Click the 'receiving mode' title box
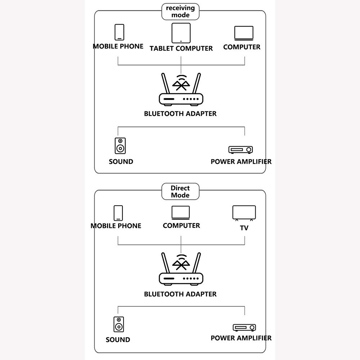[180, 12]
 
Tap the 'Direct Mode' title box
[180, 192]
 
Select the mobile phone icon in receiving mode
[120, 32]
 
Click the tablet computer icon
[181, 33]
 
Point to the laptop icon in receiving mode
[244, 33]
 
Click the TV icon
[244, 213]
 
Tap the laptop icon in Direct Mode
[181, 212]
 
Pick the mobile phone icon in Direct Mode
[118, 213]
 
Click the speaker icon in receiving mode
[120, 146]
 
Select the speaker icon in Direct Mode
[119, 324]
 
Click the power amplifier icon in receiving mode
[240, 149]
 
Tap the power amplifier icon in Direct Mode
[244, 328]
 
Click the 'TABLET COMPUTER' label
[181, 48]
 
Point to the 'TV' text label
[244, 228]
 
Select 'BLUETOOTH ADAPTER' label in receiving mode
[180, 113]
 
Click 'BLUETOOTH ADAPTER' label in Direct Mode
[180, 294]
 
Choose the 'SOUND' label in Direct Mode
[118, 339]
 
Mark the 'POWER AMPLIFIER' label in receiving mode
[241, 161]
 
